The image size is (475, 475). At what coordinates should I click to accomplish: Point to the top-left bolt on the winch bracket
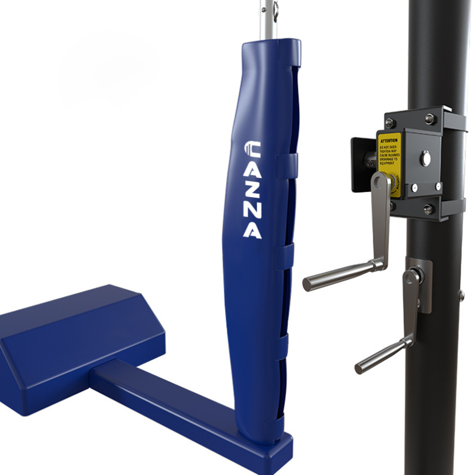390,123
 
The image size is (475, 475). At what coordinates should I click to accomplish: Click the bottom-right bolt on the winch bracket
429,209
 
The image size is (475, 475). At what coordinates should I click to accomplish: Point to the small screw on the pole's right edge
461,294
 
